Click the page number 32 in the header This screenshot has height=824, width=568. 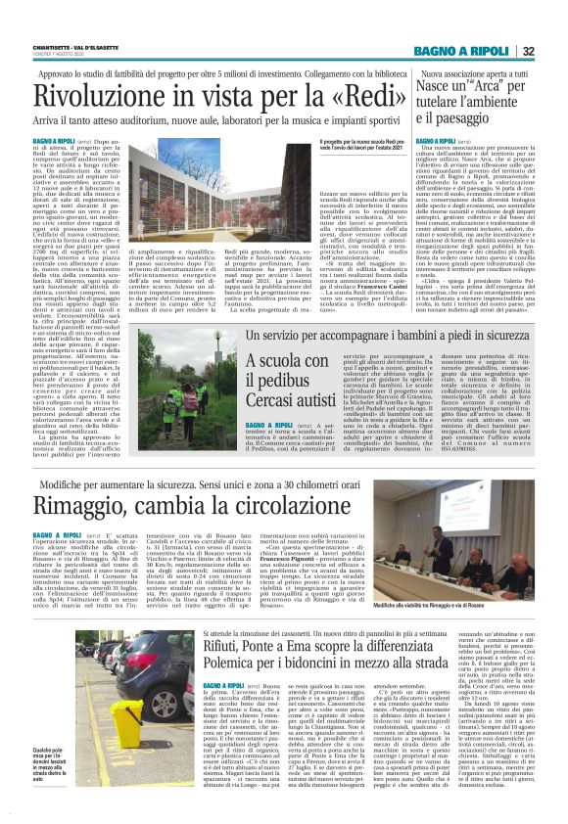click(x=555, y=51)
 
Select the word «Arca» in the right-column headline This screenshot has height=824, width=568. click(x=477, y=88)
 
